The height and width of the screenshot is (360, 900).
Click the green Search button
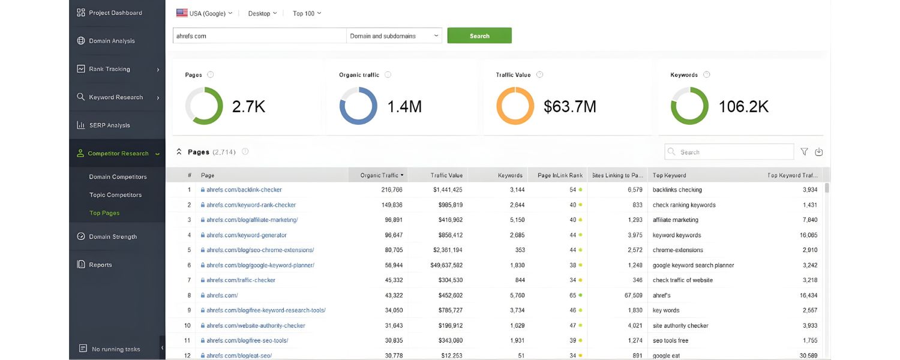479,36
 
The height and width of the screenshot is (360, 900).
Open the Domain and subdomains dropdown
394,36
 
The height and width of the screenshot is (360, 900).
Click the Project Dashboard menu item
115,13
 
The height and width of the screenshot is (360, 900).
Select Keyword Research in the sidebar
116,97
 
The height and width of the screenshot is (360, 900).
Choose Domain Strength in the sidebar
113,237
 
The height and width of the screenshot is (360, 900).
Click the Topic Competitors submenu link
115,195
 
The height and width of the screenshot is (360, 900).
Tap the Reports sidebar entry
100,265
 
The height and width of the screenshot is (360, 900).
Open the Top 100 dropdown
307,13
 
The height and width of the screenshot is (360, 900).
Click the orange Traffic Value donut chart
515,106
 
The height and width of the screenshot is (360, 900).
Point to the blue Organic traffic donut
358,106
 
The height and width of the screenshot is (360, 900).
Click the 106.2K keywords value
743,107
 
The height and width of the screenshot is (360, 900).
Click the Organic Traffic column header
382,175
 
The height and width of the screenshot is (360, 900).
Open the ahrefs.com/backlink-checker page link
244,190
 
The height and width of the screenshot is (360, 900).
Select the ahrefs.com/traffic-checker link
241,280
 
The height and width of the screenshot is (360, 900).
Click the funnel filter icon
805,152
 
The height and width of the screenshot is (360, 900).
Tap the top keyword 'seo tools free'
670,341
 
